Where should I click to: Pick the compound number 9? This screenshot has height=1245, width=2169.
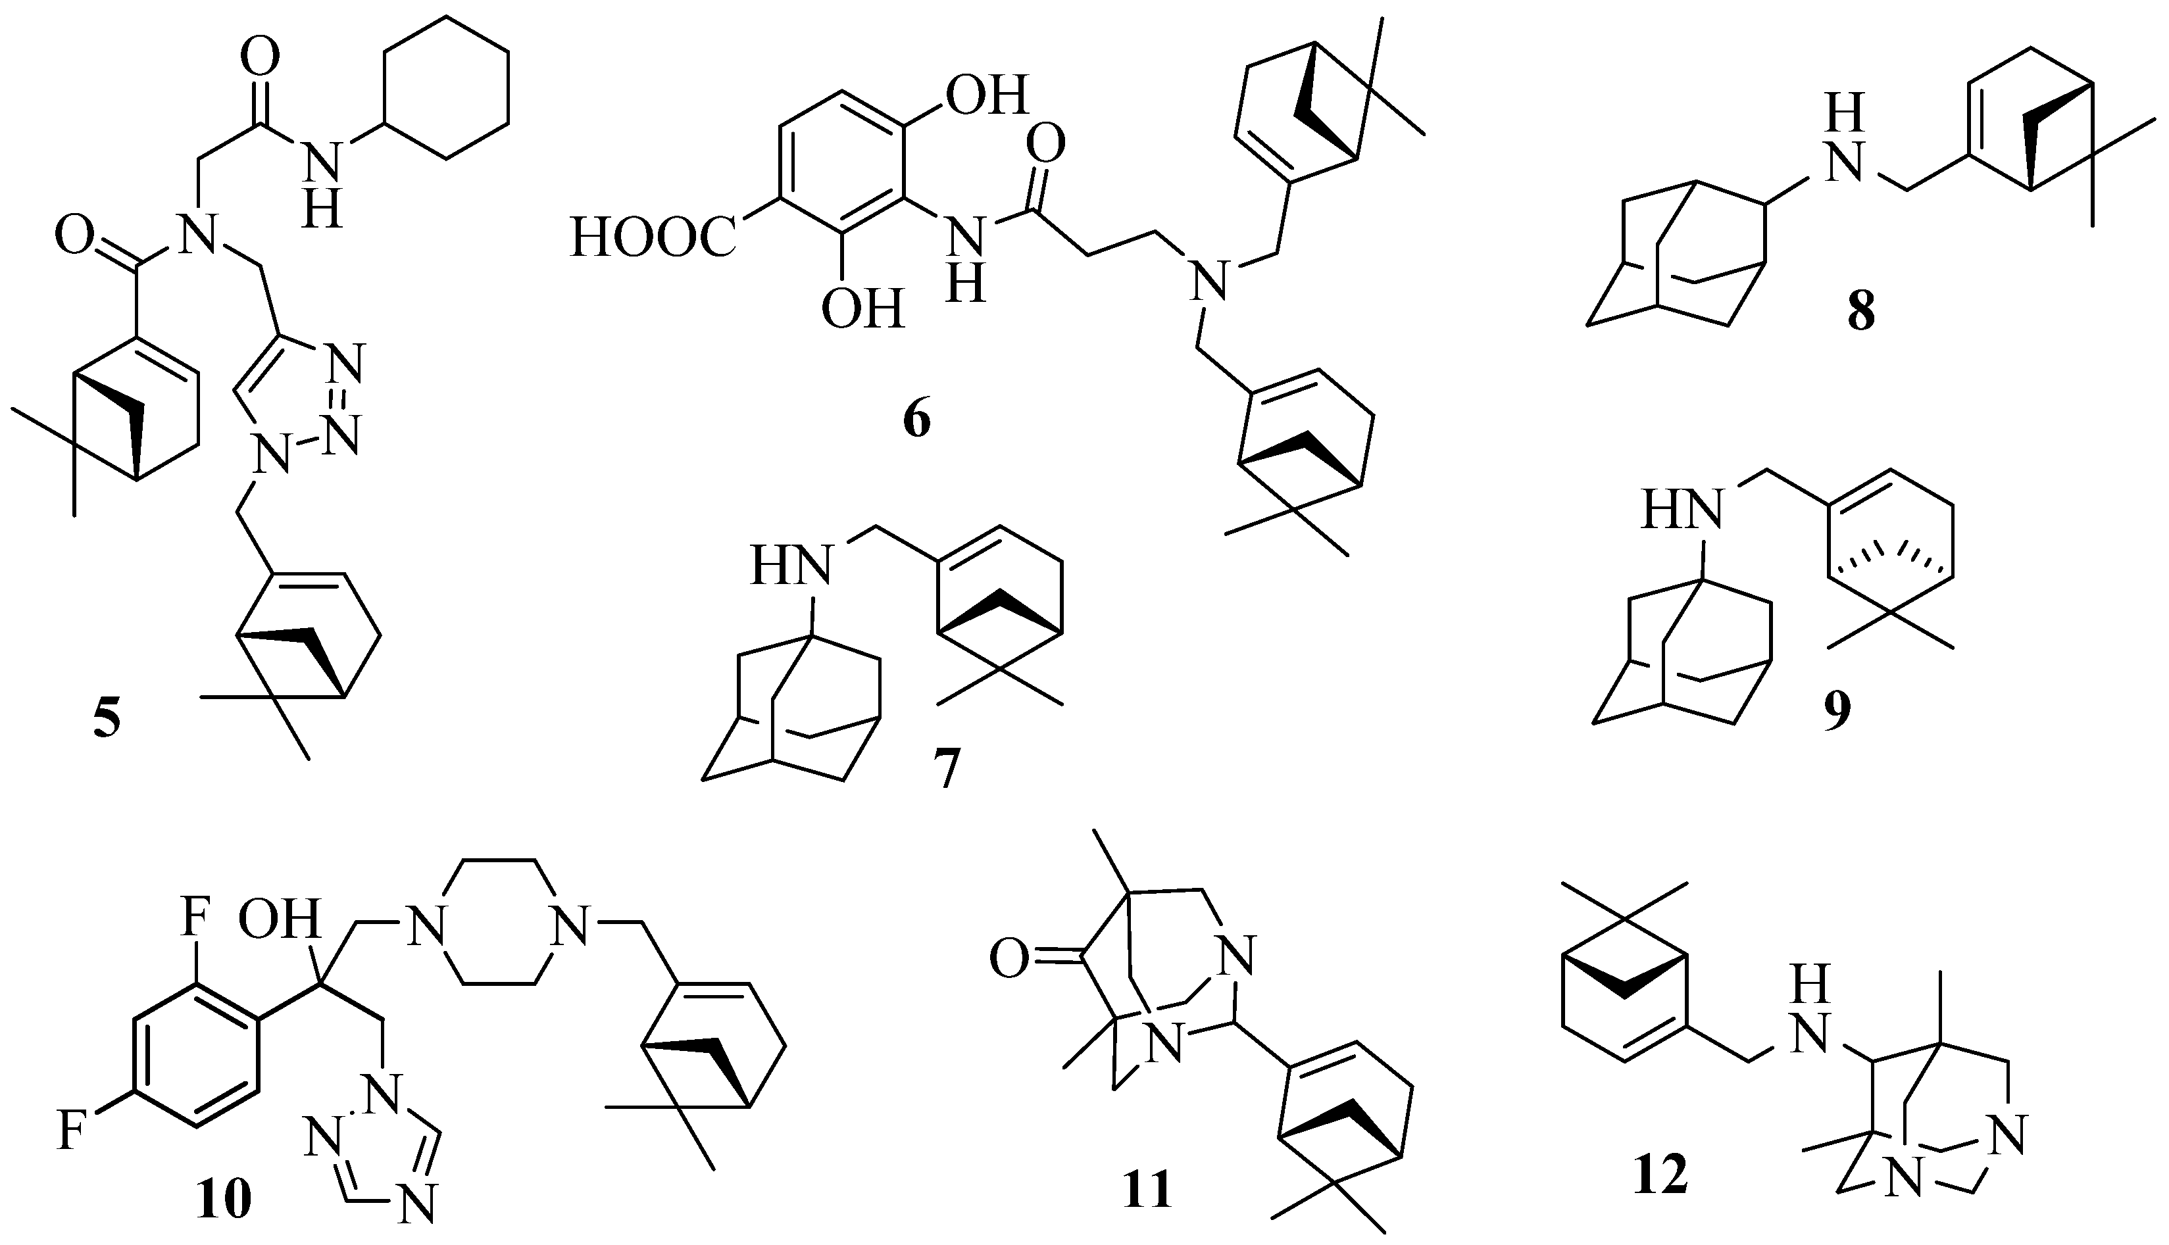(1836, 710)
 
